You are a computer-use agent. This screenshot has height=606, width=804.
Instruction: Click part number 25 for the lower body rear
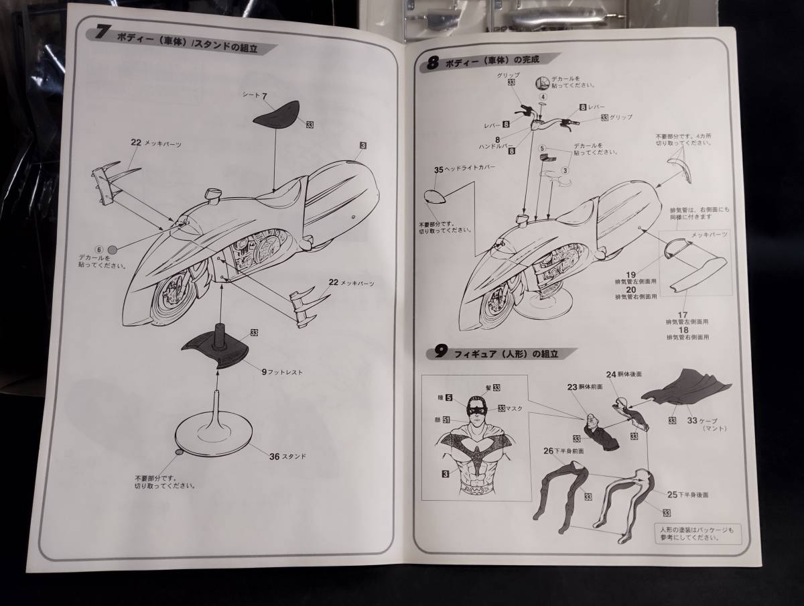tap(672, 494)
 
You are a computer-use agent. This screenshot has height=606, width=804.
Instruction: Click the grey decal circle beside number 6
tap(113, 249)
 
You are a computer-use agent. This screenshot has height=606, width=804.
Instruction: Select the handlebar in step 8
tap(543, 122)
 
